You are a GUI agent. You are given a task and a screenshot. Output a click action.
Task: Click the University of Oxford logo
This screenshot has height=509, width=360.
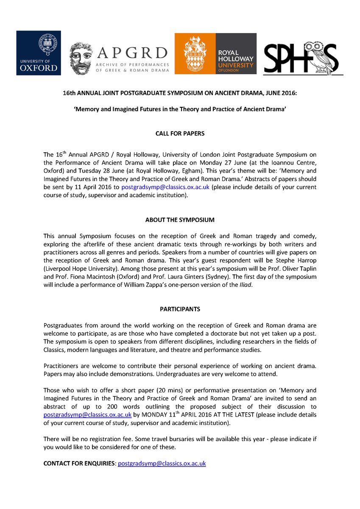[x=39, y=53]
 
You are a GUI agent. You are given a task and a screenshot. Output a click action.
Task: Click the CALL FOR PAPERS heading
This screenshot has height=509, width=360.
[x=180, y=134]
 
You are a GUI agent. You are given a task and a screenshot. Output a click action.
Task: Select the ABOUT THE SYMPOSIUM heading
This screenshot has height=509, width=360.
[x=180, y=220]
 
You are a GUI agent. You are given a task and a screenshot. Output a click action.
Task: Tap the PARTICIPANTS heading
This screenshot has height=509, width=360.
[x=180, y=309]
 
